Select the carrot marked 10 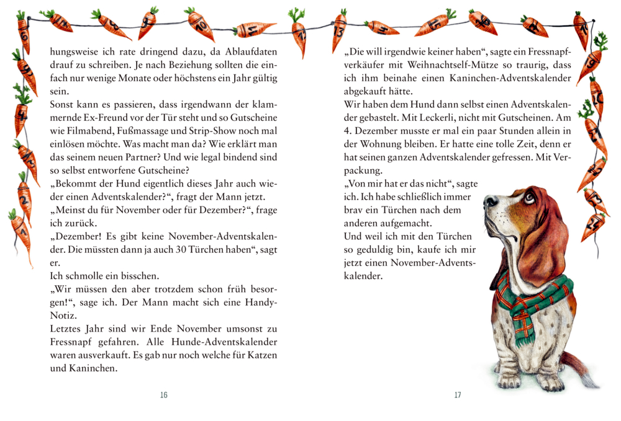(201, 25)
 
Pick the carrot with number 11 (255, 29)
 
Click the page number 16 (164, 395)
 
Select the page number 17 (458, 395)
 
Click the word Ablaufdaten (247, 51)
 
